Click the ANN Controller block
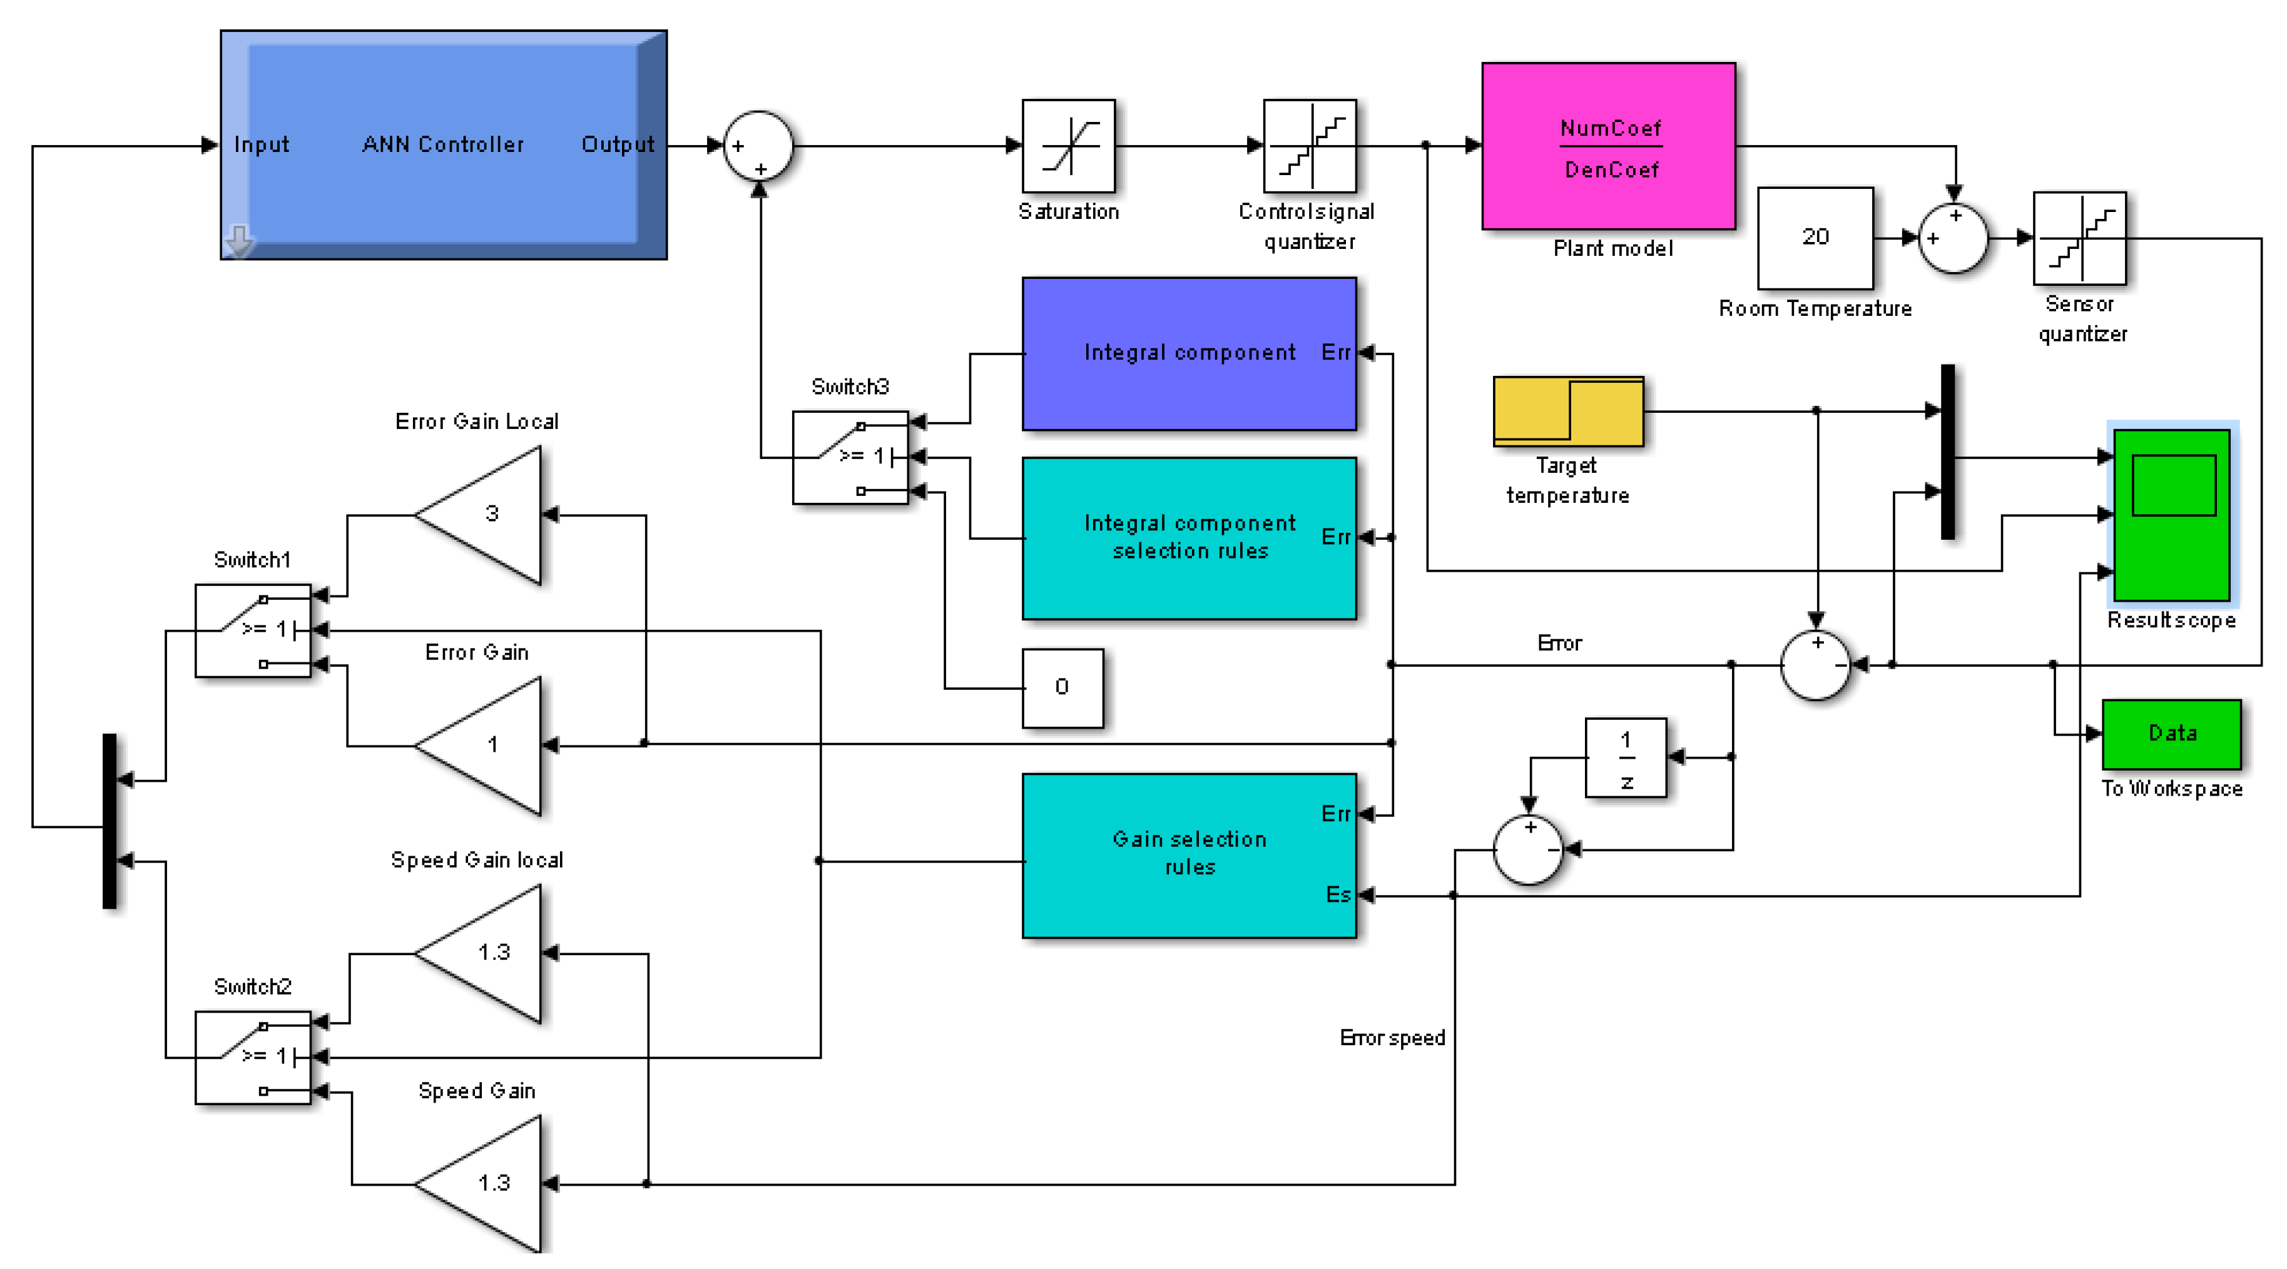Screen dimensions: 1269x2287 click(443, 144)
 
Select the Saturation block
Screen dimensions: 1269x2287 click(1068, 146)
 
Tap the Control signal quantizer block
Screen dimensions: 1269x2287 click(1310, 146)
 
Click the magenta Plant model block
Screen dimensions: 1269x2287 click(1608, 146)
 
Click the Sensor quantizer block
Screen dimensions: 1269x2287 click(2079, 238)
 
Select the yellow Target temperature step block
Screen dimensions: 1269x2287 click(1568, 411)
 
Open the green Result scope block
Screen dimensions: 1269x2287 click(2172, 515)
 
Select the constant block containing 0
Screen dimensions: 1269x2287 click(1062, 688)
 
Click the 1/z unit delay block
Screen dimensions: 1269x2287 click(1626, 758)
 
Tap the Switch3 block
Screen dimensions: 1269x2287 click(850, 457)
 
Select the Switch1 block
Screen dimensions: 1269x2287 click(253, 630)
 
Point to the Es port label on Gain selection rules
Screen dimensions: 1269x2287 click(1338, 894)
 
